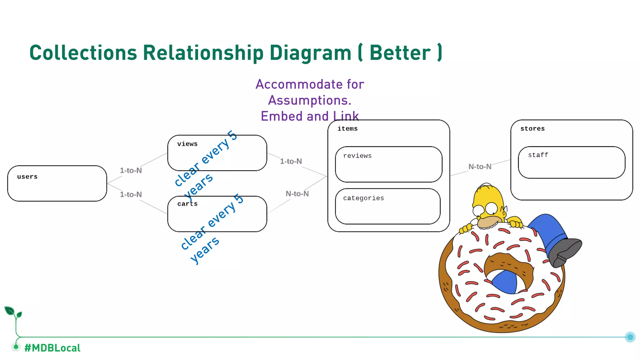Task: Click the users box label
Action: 27,177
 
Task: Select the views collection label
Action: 187,144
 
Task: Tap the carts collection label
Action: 187,204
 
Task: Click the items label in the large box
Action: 347,129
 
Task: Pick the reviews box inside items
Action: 388,164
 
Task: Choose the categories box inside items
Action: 387,206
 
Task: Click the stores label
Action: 532,129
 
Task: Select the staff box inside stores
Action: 571,162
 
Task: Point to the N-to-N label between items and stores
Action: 480,167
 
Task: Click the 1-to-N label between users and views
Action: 131,171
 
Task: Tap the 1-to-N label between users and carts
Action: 131,195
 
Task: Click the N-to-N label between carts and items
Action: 297,194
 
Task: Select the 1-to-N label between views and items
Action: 291,162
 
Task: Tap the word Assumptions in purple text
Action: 309,100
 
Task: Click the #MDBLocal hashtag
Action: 52,348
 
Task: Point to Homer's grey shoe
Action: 564,252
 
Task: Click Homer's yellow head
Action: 489,203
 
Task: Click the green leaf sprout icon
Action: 12,312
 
